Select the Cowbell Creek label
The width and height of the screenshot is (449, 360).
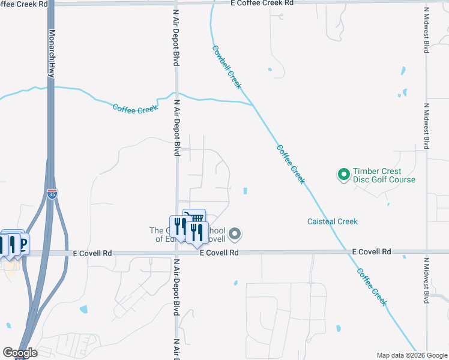tap(226, 67)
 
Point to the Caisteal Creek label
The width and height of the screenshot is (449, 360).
tap(332, 221)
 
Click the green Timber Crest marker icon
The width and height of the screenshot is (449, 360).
tap(343, 175)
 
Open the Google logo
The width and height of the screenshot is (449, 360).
tap(19, 352)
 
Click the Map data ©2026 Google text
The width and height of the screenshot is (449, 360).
tap(411, 355)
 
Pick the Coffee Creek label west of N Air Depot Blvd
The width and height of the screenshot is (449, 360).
tap(135, 108)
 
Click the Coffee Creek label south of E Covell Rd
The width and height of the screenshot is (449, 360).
tap(372, 287)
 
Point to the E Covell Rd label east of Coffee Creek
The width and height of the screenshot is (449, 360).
tap(371, 251)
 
